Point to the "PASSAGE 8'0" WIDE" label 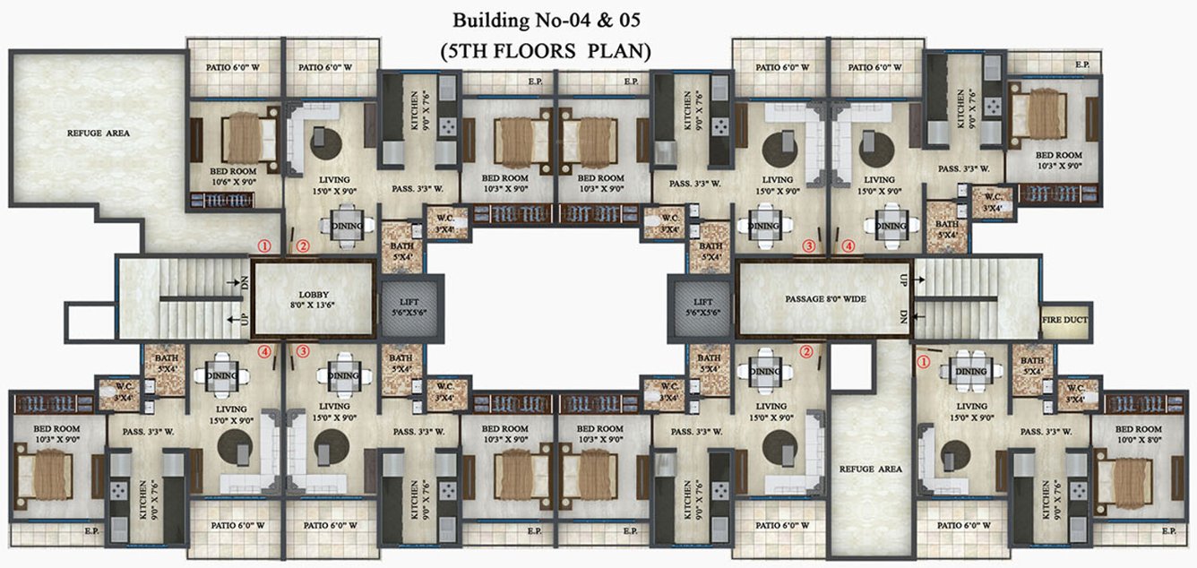[822, 299]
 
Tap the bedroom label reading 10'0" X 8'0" [1138, 435]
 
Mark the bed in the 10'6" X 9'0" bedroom [240, 137]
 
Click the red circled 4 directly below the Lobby [263, 352]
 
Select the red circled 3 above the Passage [809, 245]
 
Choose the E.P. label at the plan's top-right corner [1082, 65]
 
